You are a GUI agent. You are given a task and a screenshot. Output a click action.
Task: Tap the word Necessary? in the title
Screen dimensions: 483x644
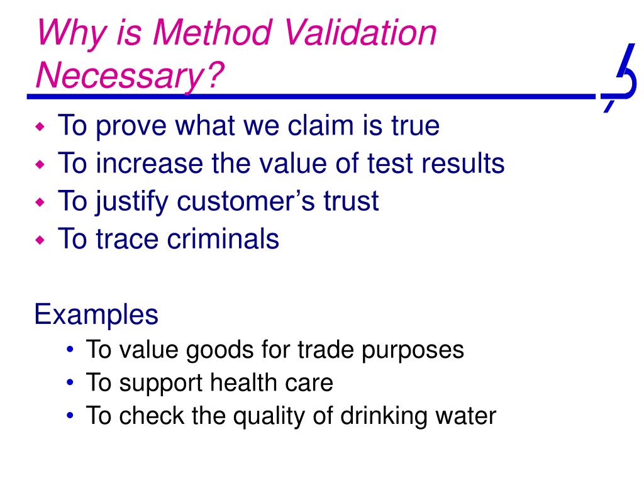[x=130, y=76]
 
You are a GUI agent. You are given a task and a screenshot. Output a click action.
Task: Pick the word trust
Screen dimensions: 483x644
[x=351, y=201]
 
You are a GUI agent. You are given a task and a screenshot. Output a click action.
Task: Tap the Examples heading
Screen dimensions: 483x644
[x=96, y=314]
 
